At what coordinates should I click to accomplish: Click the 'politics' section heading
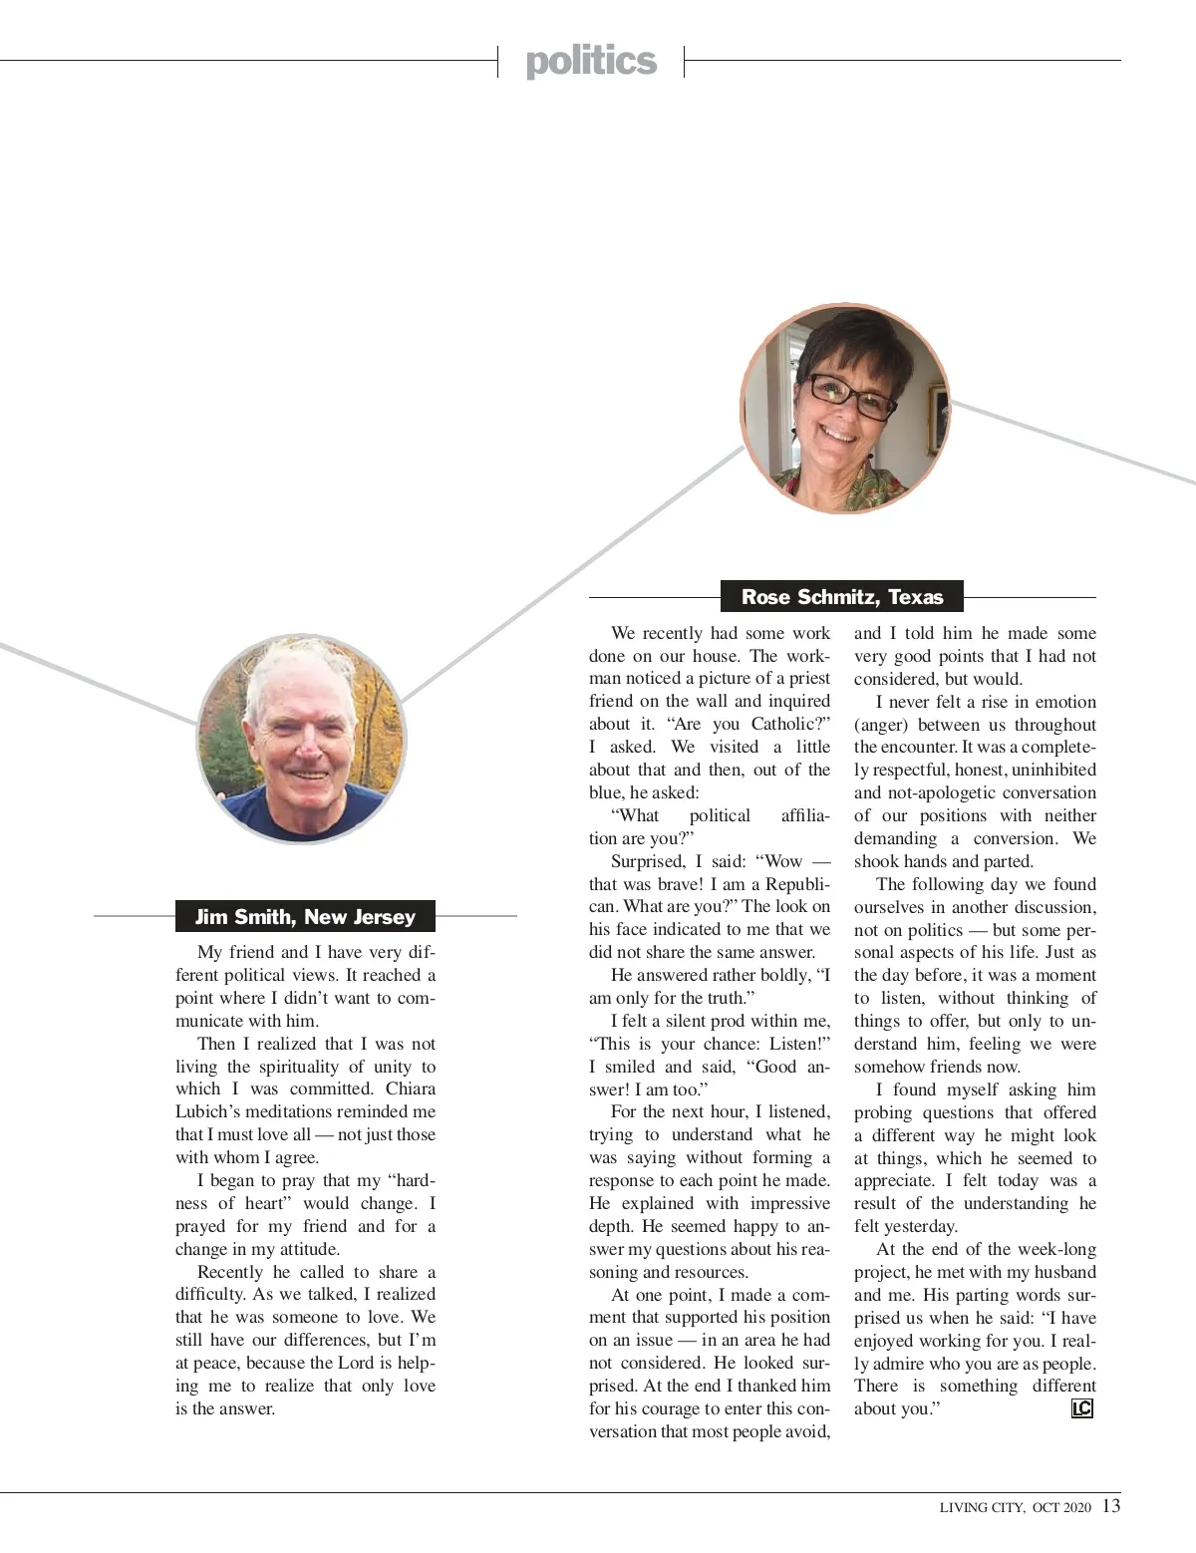[x=591, y=62]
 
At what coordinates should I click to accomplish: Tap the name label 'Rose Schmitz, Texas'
[x=842, y=597]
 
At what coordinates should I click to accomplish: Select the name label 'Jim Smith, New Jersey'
[x=305, y=917]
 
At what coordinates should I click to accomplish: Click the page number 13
[x=1111, y=1505]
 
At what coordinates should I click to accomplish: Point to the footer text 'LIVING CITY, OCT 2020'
[x=1016, y=1507]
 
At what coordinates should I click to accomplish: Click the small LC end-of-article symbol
[x=1081, y=1408]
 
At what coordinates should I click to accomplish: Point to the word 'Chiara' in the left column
[x=411, y=1088]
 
